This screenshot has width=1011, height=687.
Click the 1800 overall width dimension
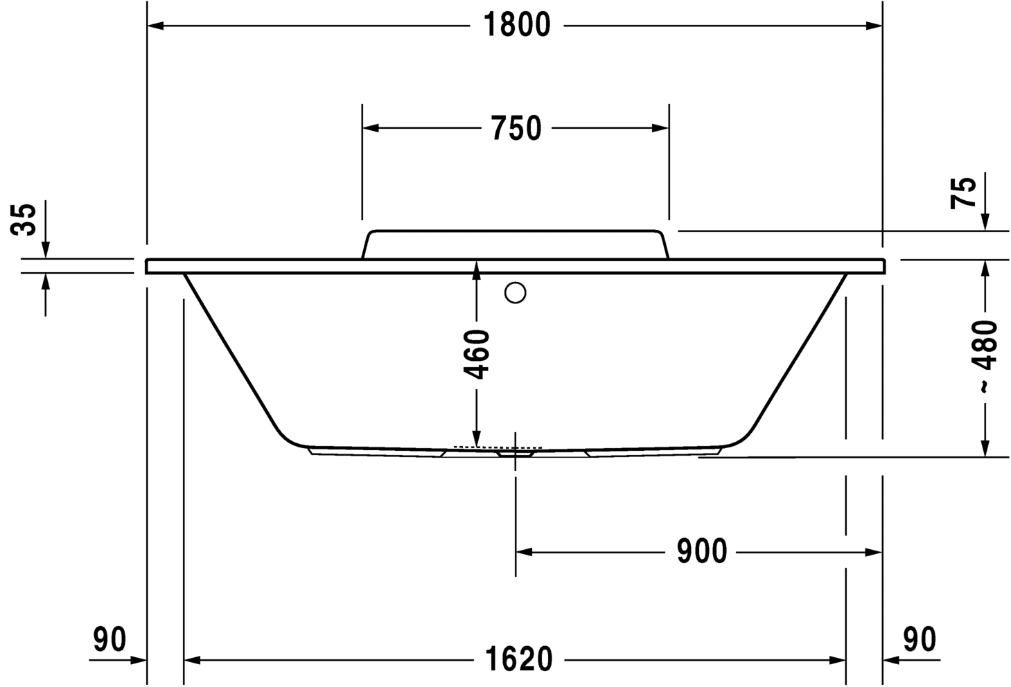[516, 26]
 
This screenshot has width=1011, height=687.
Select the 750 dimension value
[516, 129]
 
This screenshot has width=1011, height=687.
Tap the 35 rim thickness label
[25, 220]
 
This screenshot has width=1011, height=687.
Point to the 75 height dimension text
[964, 192]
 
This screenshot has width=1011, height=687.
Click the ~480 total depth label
[985, 357]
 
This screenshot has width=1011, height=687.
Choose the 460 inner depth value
[477, 355]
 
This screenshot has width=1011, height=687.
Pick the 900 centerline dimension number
[701, 552]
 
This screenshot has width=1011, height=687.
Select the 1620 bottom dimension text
[518, 660]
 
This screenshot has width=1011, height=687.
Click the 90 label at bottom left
[110, 640]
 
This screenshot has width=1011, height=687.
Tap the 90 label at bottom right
[920, 640]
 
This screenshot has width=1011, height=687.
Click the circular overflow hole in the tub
[515, 293]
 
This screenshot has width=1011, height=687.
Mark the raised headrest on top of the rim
[515, 244]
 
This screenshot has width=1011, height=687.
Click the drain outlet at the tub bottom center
[515, 454]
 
